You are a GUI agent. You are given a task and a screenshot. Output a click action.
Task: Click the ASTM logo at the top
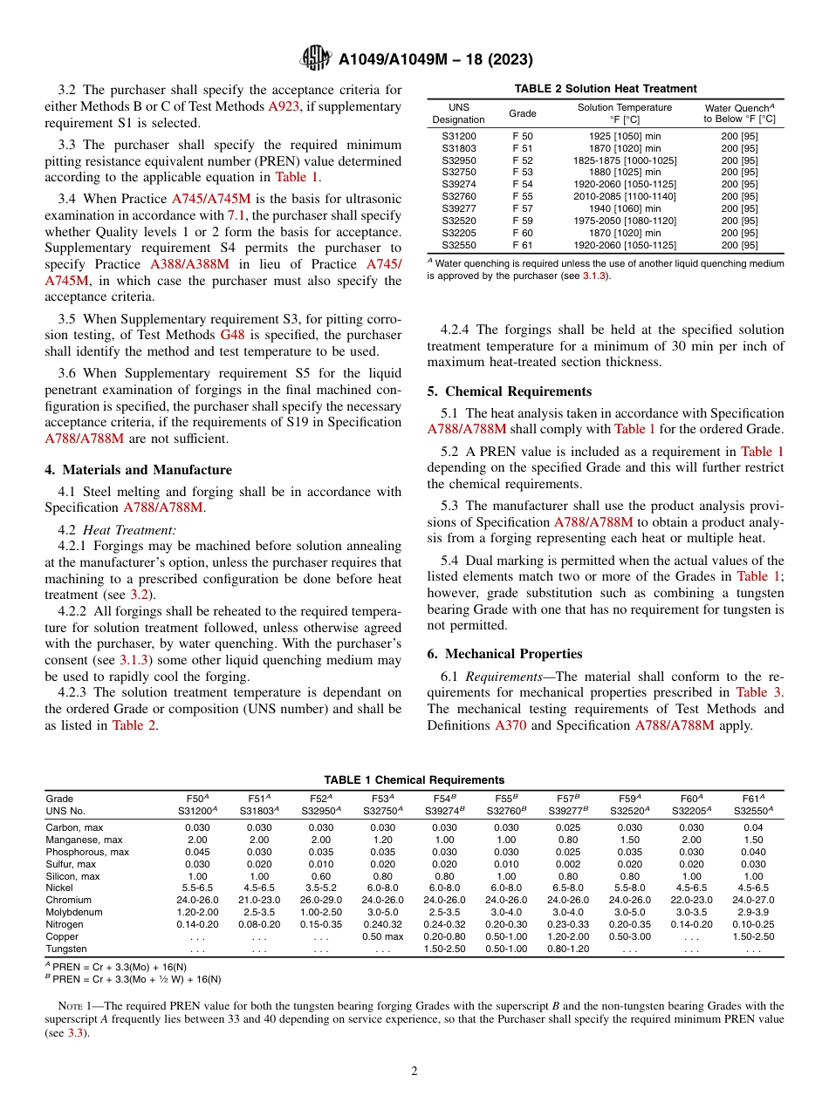click(316, 58)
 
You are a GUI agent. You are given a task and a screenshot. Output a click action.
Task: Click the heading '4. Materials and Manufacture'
click(138, 470)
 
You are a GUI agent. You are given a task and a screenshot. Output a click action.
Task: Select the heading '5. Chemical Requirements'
click(509, 391)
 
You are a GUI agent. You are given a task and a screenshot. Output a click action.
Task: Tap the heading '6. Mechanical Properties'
click(504, 654)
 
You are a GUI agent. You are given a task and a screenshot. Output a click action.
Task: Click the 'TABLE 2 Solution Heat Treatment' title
click(606, 88)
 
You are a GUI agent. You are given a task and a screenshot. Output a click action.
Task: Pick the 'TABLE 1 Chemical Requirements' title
click(414, 779)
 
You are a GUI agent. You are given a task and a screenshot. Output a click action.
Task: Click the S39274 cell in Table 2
click(458, 185)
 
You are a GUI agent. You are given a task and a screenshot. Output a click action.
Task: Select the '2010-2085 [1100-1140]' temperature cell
click(625, 197)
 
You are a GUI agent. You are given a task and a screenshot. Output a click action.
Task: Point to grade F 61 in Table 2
click(522, 245)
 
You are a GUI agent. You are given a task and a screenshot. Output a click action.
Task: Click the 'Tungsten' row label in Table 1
click(65, 949)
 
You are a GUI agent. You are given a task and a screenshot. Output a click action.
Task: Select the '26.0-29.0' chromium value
click(319, 900)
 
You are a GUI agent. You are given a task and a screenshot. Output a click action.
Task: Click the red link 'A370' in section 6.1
click(510, 725)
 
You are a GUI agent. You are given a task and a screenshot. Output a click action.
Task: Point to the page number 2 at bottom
click(414, 1071)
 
